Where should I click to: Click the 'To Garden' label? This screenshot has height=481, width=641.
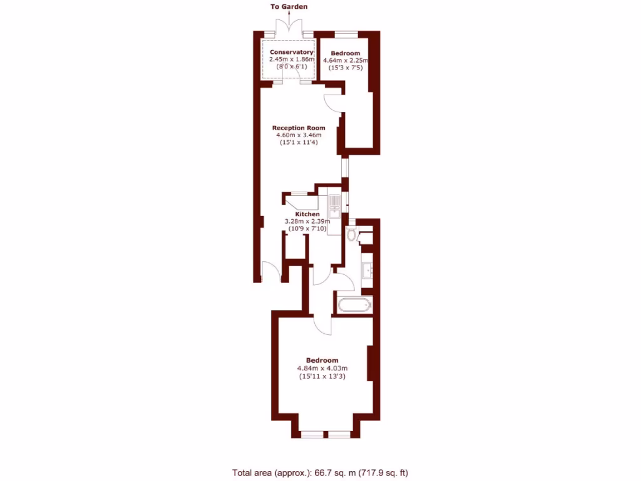click(x=289, y=7)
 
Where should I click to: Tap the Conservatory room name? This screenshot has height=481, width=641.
click(x=291, y=52)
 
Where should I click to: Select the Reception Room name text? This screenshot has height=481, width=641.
click(x=299, y=128)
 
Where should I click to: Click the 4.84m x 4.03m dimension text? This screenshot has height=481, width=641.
click(x=322, y=368)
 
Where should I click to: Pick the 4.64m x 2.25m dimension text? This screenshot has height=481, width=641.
click(x=345, y=60)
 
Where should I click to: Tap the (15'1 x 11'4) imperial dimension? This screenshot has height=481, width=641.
click(x=299, y=142)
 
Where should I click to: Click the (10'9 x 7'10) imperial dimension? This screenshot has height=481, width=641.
click(x=307, y=229)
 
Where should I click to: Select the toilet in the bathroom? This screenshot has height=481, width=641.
click(x=352, y=235)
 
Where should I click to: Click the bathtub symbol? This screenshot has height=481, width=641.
click(x=354, y=306)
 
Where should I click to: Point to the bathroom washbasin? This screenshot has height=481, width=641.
click(x=367, y=271)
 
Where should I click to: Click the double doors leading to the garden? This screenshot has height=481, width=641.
click(x=289, y=26)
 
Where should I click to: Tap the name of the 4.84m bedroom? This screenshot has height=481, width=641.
click(x=322, y=360)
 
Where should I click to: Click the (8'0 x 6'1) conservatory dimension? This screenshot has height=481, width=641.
click(x=291, y=66)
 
